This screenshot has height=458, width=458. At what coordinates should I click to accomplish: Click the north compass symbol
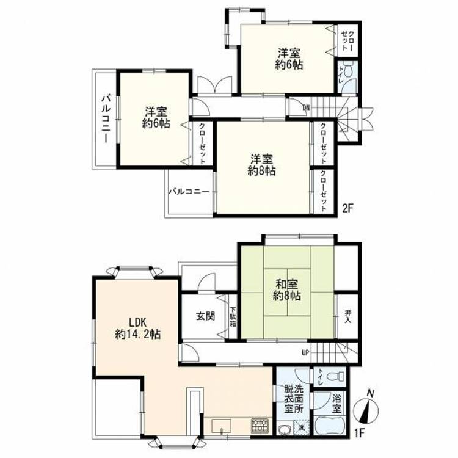tap(366, 408)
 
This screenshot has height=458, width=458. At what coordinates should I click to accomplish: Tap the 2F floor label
tap(348, 209)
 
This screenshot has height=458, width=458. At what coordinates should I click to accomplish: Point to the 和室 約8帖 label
tap(287, 289)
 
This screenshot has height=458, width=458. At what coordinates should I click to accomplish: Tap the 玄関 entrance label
tap(205, 316)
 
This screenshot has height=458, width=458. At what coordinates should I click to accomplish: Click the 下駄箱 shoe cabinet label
tap(233, 316)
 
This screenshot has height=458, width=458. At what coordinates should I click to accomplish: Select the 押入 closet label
tap(347, 316)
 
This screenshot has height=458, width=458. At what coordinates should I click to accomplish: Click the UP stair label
tap(305, 353)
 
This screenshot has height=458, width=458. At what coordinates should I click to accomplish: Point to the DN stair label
tap(306, 107)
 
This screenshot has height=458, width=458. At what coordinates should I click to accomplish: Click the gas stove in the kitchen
tap(259, 426)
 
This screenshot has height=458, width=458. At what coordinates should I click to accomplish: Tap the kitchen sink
tap(222, 426)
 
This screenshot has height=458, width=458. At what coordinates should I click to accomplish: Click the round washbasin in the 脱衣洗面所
tap(285, 429)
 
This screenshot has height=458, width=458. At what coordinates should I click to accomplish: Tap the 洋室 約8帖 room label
tap(262, 165)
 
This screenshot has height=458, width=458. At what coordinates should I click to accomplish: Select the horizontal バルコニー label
tap(189, 192)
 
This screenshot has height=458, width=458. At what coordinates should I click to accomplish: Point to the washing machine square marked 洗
tap(302, 427)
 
